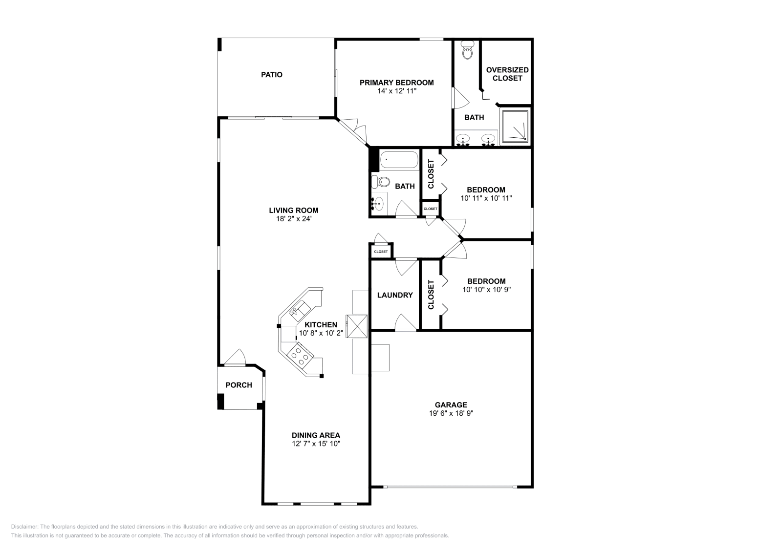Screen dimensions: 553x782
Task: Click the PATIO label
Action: click(x=271, y=75)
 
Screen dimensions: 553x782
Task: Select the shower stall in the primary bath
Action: click(x=515, y=126)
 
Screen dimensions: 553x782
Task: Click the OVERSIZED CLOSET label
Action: click(x=507, y=74)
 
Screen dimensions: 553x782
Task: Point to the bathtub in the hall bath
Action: click(x=399, y=160)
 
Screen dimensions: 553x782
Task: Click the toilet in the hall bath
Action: click(x=380, y=182)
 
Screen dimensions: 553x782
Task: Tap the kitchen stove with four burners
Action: click(x=300, y=354)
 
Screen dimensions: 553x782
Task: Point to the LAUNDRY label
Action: click(x=395, y=295)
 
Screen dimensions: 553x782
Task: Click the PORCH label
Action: click(x=239, y=385)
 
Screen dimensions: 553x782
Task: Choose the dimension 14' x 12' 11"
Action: click(x=396, y=91)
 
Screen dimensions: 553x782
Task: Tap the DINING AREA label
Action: click(x=316, y=435)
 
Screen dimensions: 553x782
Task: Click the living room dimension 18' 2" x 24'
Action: click(x=293, y=219)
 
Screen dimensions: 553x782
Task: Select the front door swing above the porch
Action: click(x=236, y=358)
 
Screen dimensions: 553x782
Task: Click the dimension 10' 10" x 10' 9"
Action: click(x=486, y=289)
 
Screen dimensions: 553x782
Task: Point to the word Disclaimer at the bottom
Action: click(x=24, y=527)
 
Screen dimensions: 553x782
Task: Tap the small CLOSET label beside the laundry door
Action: click(x=381, y=252)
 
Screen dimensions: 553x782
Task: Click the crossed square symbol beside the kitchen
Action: click(x=356, y=326)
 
